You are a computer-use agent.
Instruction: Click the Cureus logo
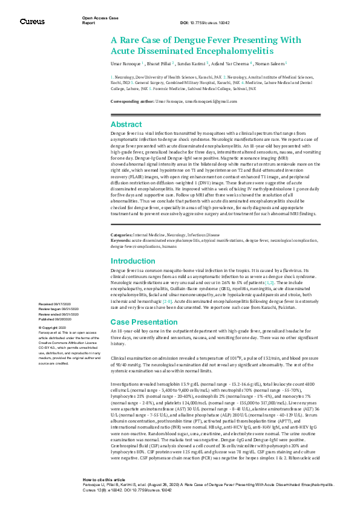[x=32, y=22]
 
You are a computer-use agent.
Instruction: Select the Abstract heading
[x=126, y=124]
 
